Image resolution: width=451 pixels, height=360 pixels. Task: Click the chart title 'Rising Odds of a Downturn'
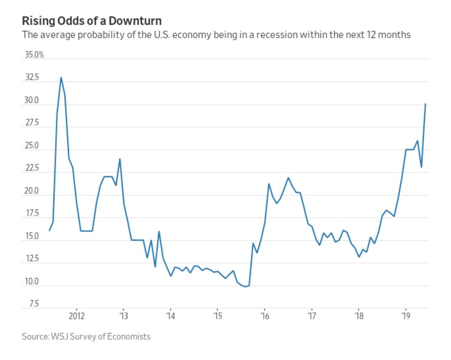pos(92,20)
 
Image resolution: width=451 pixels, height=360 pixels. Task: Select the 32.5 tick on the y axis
pos(32,77)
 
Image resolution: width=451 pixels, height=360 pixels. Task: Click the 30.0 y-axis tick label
pos(32,100)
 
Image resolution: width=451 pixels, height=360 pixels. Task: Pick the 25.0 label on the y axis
pos(32,146)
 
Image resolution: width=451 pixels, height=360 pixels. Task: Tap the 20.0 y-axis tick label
pos(32,191)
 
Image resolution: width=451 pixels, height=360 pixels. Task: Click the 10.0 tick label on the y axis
pos(32,282)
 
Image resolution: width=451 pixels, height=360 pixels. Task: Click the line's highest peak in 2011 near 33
pos(61,77)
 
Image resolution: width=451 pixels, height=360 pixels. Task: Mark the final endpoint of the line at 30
pos(425,104)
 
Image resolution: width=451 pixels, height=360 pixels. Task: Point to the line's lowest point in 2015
pos(245,287)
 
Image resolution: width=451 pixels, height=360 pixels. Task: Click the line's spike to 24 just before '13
pos(120,159)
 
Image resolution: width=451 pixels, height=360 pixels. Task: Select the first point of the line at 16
pos(49,231)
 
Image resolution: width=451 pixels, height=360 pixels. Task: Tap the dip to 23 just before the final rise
pos(421,167)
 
